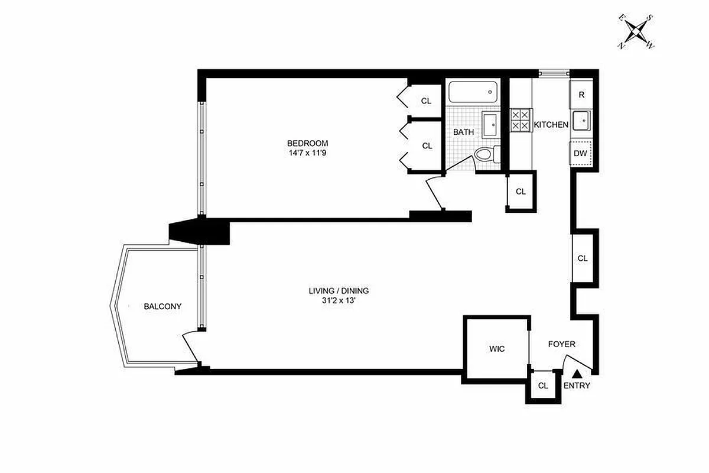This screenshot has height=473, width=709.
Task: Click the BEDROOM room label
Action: pyautogui.click(x=307, y=143)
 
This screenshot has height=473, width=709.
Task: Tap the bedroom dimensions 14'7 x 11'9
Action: pyautogui.click(x=307, y=153)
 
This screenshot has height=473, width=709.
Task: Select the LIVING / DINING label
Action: pyautogui.click(x=339, y=290)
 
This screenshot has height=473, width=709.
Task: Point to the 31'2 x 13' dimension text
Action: pyautogui.click(x=339, y=300)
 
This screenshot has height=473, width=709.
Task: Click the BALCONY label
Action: pyautogui.click(x=162, y=306)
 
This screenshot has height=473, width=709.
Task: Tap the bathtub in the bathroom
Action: pyautogui.click(x=473, y=92)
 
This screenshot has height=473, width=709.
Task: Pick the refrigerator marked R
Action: pyautogui.click(x=581, y=95)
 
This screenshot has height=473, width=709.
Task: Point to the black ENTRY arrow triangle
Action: pyautogui.click(x=577, y=374)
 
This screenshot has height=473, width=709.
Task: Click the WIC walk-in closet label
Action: pyautogui.click(x=497, y=349)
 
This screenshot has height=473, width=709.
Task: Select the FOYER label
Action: pyautogui.click(x=561, y=344)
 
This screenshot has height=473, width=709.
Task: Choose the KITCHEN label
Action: pyautogui.click(x=551, y=125)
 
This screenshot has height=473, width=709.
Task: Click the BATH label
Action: pyautogui.click(x=463, y=132)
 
